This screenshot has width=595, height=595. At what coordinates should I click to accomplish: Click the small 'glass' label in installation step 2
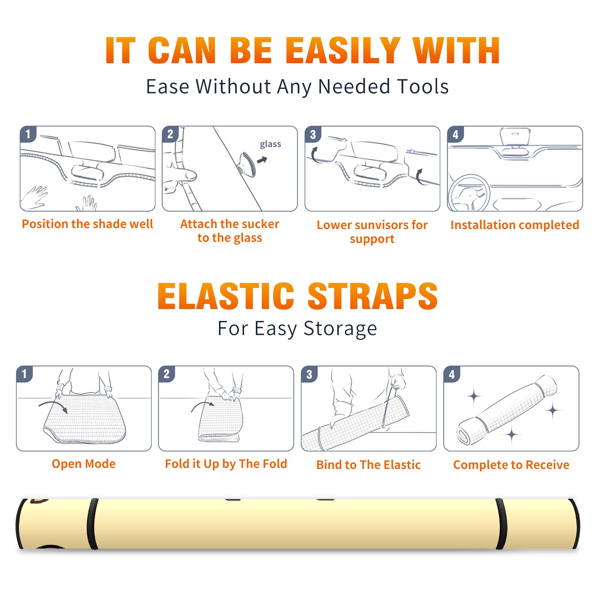(270, 144)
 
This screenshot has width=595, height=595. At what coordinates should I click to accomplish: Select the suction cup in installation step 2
(248, 164)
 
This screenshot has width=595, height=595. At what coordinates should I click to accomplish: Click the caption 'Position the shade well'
(87, 224)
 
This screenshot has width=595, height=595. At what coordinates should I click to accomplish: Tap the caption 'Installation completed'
(515, 225)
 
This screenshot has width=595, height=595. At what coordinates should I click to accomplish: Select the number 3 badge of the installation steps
(313, 135)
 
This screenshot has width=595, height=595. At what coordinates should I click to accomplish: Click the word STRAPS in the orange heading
(373, 296)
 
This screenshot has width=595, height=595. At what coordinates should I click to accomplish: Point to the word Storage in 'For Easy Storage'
(340, 328)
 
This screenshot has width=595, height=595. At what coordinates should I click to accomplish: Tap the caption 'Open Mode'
(84, 464)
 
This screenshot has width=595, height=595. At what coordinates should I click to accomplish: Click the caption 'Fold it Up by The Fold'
(226, 464)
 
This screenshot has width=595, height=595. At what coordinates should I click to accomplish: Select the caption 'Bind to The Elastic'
(369, 464)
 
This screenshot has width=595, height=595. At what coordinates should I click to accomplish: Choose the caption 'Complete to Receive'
(511, 464)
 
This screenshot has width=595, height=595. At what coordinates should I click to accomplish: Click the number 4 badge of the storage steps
(452, 374)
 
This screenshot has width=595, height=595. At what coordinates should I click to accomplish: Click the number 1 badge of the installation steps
(28, 134)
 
